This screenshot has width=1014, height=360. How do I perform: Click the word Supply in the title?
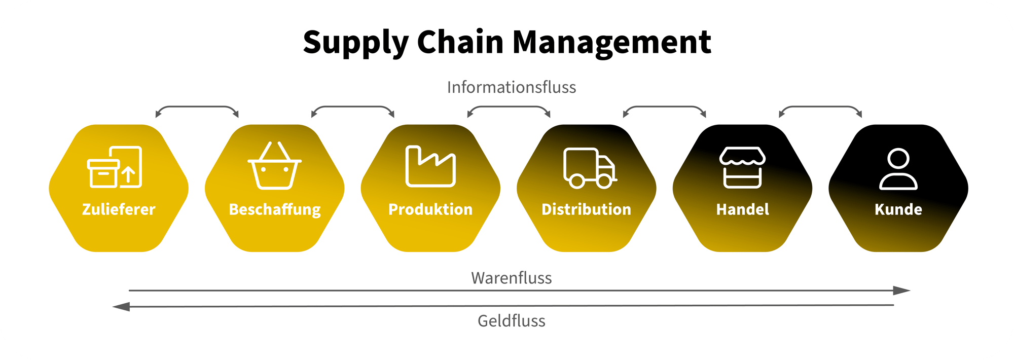point(355,43)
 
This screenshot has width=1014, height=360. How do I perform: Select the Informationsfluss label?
point(511,87)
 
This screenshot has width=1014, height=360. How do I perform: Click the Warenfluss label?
point(511,278)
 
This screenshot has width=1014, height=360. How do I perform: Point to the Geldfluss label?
point(511,321)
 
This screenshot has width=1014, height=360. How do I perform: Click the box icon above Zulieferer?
point(115,167)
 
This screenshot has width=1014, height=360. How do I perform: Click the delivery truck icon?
point(590,168)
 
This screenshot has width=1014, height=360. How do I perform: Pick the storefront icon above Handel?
point(742,168)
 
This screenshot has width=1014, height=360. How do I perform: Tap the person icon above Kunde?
point(898,169)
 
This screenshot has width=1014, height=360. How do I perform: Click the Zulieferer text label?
point(119,209)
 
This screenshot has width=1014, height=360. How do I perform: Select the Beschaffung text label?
point(274,209)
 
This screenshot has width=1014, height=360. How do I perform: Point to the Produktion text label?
point(430,209)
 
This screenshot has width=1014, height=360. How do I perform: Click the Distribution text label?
point(586,209)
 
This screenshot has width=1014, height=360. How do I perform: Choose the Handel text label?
point(742,209)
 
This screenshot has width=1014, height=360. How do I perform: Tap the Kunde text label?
point(898,209)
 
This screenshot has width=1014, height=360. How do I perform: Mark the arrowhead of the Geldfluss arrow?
point(121,307)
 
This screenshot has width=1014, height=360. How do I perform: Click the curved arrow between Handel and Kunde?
point(820,107)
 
